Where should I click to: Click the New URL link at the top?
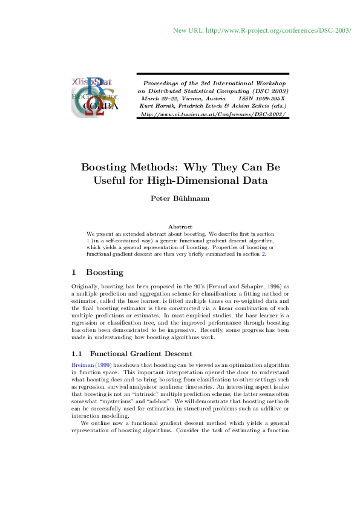click(262, 30)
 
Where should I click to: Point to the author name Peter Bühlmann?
click(180, 198)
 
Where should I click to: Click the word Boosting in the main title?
click(106, 167)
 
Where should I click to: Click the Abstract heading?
click(180, 226)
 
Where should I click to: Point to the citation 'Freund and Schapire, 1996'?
click(240, 287)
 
